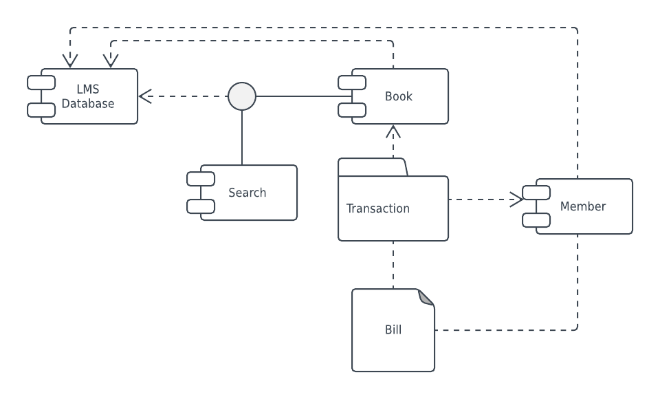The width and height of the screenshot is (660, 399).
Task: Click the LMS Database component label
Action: pyautogui.click(x=88, y=96)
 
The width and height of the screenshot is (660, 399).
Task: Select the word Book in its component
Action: pyautogui.click(x=398, y=96)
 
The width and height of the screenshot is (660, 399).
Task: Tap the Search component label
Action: pyautogui.click(x=247, y=193)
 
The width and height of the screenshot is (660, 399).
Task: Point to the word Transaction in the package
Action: pyautogui.click(x=377, y=208)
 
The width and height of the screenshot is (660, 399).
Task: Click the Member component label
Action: pyautogui.click(x=582, y=206)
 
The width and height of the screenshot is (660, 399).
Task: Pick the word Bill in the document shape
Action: pyautogui.click(x=393, y=330)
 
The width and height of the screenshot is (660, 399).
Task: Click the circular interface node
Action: pyautogui.click(x=242, y=96)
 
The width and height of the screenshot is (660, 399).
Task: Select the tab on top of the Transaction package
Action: pyautogui.click(x=372, y=167)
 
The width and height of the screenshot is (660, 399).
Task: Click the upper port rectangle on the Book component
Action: pyautogui.click(x=352, y=83)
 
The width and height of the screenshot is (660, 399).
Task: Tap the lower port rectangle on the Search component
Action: pyautogui.click(x=201, y=206)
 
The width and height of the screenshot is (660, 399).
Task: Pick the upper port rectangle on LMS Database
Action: pyautogui.click(x=41, y=83)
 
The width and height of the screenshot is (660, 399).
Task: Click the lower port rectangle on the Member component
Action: pyautogui.click(x=536, y=220)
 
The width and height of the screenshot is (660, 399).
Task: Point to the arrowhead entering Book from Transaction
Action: pyautogui.click(x=393, y=131)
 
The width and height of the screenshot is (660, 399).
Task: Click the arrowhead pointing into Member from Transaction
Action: pyautogui.click(x=516, y=199)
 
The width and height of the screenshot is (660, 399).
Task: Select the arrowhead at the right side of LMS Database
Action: pyautogui.click(x=145, y=96)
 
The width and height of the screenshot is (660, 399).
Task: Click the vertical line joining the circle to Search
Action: pyautogui.click(x=242, y=138)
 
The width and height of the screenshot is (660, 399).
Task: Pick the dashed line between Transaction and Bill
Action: pyautogui.click(x=393, y=265)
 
